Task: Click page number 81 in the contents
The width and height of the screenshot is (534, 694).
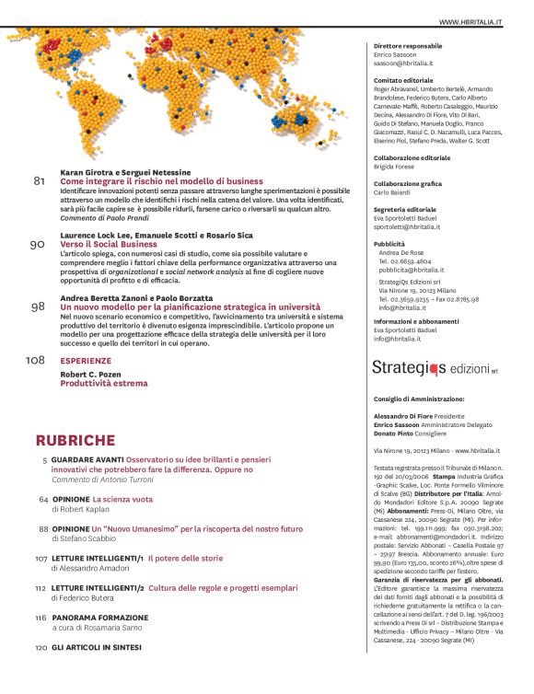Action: click(x=40, y=181)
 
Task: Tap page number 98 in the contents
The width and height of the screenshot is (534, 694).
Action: click(x=39, y=307)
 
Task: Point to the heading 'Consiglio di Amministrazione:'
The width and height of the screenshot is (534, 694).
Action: click(x=419, y=399)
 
